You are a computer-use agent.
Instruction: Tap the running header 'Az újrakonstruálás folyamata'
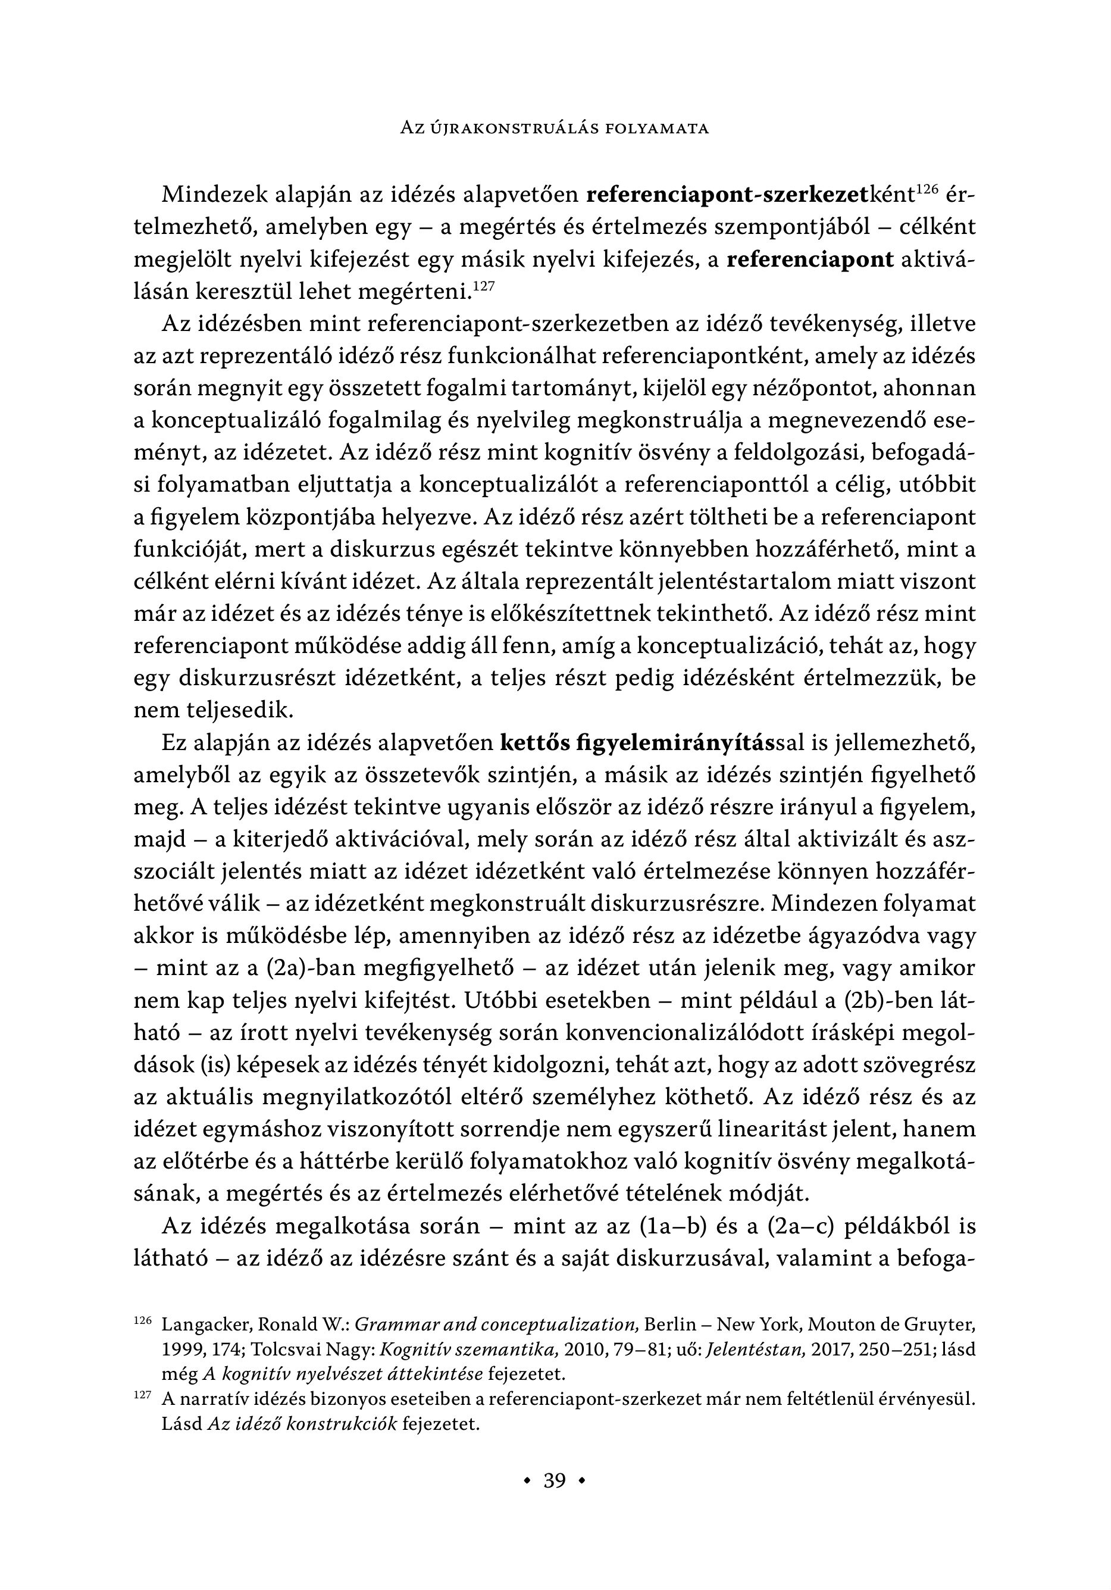[555, 129]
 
